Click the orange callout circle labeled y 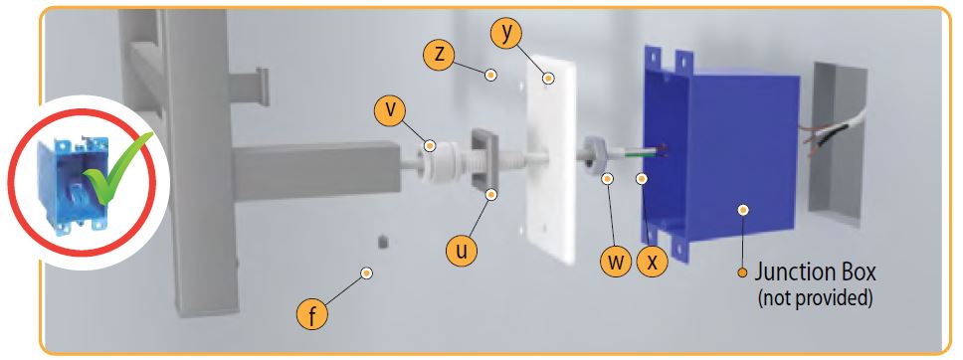506,35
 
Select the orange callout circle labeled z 439,55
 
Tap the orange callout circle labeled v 390,111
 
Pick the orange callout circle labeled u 462,252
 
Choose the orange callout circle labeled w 616,262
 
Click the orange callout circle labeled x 653,262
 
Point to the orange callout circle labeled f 312,315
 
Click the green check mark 116,167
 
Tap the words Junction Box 815,271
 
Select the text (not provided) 815,298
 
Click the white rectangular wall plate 551,159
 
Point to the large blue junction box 718,153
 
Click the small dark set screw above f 383,242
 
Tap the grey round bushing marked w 595,155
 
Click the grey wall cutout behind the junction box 837,144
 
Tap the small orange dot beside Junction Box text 742,272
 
